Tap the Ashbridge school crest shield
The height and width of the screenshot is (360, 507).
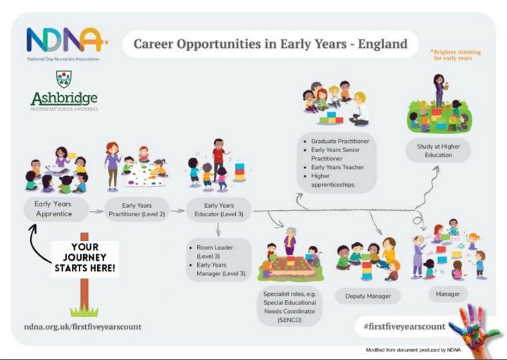click(64, 79)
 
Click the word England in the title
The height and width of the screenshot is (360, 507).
click(382, 44)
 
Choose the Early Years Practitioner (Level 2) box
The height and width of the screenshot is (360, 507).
click(137, 210)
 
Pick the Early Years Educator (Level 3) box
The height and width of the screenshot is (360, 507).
click(219, 210)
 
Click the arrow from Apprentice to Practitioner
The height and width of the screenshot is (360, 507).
click(96, 212)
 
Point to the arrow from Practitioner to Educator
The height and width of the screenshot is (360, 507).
click(177, 211)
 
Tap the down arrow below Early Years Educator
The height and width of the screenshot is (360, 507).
click(218, 230)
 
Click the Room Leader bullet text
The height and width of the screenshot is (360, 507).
click(214, 252)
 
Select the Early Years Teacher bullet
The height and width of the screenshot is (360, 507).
click(337, 167)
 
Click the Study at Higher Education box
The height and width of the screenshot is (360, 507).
click(439, 150)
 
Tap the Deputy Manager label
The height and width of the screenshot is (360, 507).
click(368, 296)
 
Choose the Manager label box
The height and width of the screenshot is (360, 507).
click(448, 294)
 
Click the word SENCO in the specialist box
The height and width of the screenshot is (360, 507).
click(289, 320)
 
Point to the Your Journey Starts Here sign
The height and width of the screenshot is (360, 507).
click(85, 258)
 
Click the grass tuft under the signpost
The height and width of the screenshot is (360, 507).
click(84, 311)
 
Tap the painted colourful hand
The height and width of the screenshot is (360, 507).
click(475, 328)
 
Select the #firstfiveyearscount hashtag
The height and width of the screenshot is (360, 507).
click(404, 326)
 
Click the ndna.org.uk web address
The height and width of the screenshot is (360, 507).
click(83, 326)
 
